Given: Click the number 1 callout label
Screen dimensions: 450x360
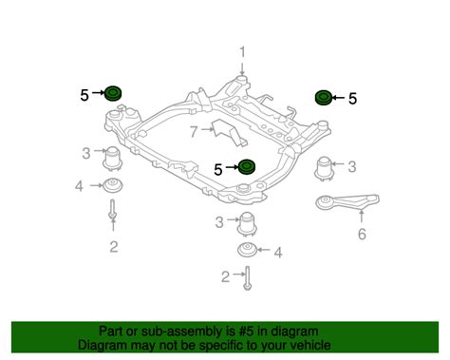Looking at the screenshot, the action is (242, 52).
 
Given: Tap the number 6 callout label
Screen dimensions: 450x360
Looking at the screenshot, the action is (362, 235).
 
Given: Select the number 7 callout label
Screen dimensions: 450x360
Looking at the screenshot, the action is (194, 131).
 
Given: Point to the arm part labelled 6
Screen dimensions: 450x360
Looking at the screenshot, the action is (347, 202).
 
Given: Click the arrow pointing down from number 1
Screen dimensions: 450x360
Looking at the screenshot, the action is (242, 69).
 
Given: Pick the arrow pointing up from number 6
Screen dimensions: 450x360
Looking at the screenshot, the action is (362, 217).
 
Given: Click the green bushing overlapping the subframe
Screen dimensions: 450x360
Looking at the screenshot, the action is (247, 166).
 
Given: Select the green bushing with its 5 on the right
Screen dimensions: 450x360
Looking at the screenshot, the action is (324, 97).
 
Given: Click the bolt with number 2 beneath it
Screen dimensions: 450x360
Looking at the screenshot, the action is (113, 209).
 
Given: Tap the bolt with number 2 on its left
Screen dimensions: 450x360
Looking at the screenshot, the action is (247, 278).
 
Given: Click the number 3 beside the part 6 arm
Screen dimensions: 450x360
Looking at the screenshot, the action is (352, 166).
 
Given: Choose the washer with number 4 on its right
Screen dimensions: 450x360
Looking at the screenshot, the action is (247, 250).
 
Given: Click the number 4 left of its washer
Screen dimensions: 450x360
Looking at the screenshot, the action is (79, 186).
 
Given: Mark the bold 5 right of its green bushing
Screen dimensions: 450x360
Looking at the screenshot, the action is (352, 99).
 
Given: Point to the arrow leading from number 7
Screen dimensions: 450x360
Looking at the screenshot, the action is (207, 129).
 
